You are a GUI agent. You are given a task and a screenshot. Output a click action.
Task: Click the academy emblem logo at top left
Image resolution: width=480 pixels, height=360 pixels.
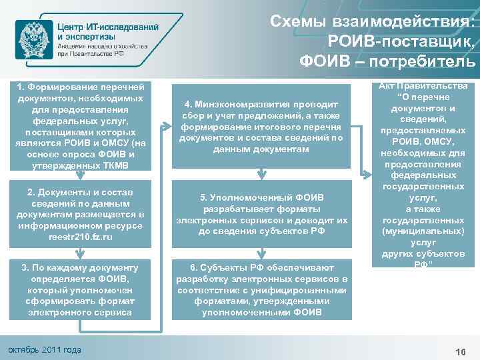pyautogui.click(x=32, y=39)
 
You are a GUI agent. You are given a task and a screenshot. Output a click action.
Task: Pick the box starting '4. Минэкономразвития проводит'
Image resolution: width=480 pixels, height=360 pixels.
pyautogui.click(x=261, y=126)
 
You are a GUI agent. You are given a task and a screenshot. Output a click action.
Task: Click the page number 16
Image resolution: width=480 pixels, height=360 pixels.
pyautogui.click(x=459, y=351)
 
